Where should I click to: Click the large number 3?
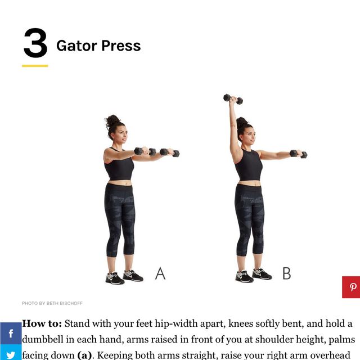[x=35, y=44]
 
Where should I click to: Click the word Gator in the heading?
[x=76, y=46]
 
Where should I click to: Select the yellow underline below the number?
[x=35, y=66]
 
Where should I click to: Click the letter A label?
[x=160, y=274]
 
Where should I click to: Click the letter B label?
[x=286, y=274]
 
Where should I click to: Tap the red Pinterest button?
[x=352, y=287]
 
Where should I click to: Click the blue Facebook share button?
[x=11, y=334]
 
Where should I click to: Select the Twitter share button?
[x=11, y=354]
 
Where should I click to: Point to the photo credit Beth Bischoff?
[x=52, y=303]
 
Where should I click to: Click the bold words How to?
[x=42, y=324]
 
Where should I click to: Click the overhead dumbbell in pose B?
[x=233, y=99]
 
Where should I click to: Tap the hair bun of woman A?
[x=112, y=120]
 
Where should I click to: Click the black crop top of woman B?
[x=249, y=165]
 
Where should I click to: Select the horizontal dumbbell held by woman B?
[x=298, y=154]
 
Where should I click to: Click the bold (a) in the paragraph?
[x=84, y=355]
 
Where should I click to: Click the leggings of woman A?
[x=119, y=219]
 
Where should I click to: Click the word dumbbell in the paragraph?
[x=45, y=340]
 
